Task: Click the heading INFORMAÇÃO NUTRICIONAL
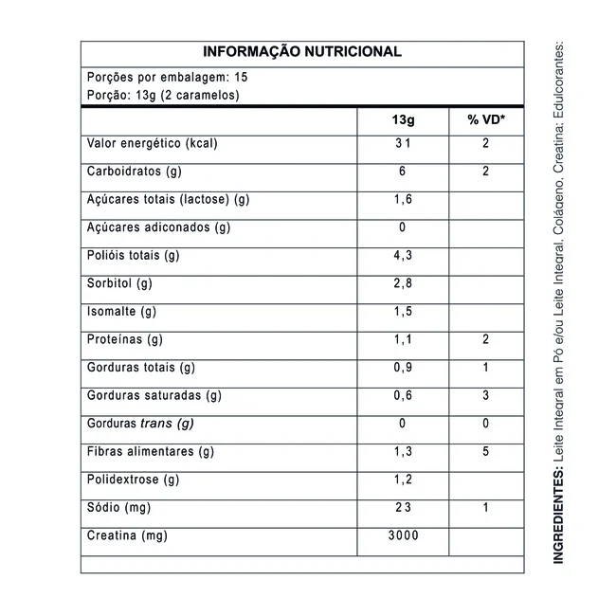[x=302, y=52]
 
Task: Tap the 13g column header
[x=402, y=121]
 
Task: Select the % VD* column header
[x=485, y=121]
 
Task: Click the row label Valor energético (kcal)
[x=153, y=144]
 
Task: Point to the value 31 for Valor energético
[x=402, y=144]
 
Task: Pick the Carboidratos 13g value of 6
[x=402, y=172]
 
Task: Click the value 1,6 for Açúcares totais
[x=402, y=200]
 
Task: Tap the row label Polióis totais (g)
[x=134, y=256]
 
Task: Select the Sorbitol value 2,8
[x=402, y=283]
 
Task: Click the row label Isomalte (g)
[x=121, y=312]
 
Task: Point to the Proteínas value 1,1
[x=402, y=339]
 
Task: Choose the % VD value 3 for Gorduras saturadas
[x=485, y=395]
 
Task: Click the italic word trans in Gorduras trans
[x=156, y=424]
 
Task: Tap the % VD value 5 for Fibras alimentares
[x=485, y=451]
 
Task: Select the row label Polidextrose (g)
[x=133, y=480]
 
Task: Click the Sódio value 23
[x=402, y=508]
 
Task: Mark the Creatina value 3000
[x=402, y=535]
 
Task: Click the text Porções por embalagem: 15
[x=167, y=78]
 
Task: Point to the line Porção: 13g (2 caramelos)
[x=161, y=96]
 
